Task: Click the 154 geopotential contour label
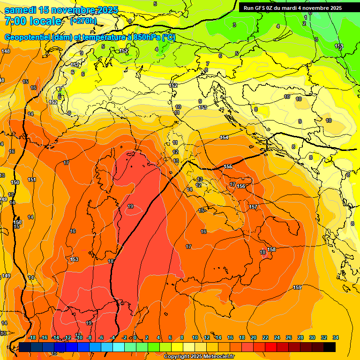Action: coord(224,137)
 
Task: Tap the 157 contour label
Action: coord(253,207)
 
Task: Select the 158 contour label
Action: coord(271,249)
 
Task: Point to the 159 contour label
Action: coord(297,287)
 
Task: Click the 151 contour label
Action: coord(32,180)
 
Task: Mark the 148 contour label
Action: coord(6,51)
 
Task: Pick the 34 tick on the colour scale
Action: coord(336,337)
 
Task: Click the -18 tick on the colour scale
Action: coord(32,337)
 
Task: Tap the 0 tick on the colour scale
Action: coord(135,337)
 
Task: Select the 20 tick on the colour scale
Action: coord(254,337)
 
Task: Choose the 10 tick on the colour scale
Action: coord(195,337)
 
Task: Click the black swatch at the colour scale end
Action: coord(330,347)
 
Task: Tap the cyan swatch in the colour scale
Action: coord(119,347)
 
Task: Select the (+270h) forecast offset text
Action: coord(83,21)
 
